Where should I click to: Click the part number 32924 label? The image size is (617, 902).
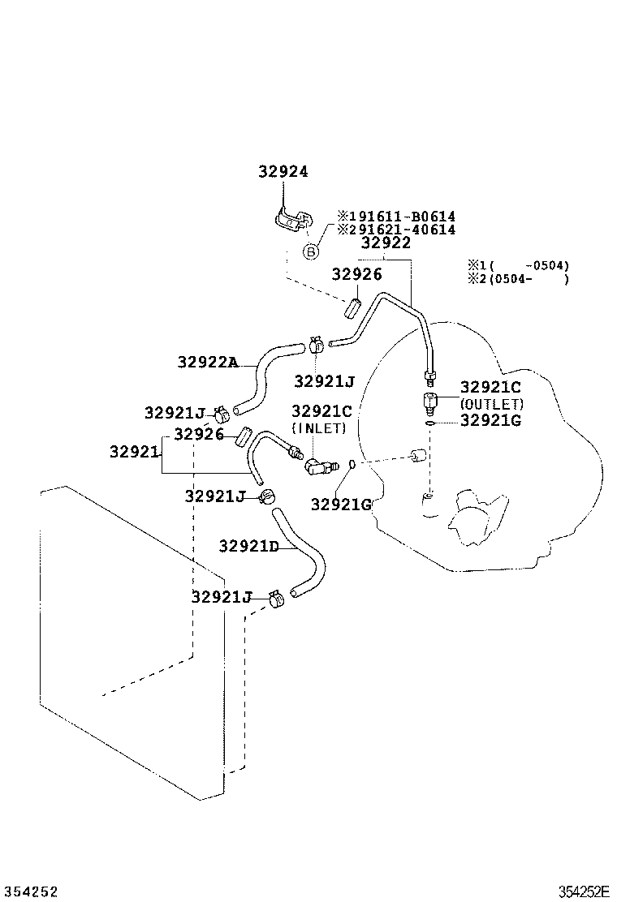(283, 172)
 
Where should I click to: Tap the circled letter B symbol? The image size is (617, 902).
(310, 251)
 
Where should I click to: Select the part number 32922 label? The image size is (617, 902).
(386, 243)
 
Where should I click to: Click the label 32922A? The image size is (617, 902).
(207, 363)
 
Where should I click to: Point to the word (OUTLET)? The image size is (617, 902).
(491, 404)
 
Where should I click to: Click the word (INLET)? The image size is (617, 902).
(319, 427)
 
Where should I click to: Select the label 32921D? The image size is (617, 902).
(248, 546)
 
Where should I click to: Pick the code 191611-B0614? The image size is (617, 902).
(396, 217)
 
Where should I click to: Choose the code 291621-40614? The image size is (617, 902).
(396, 230)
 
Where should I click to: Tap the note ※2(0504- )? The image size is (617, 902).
(517, 279)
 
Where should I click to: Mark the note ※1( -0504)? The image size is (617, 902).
(517, 265)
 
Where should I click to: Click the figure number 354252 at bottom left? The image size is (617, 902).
(30, 891)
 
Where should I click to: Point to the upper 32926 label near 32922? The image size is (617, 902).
(356, 275)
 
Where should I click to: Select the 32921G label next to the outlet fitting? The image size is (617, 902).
(490, 420)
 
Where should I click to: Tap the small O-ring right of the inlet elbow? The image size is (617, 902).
(352, 464)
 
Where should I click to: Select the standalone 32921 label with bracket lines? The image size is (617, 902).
(134, 452)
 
